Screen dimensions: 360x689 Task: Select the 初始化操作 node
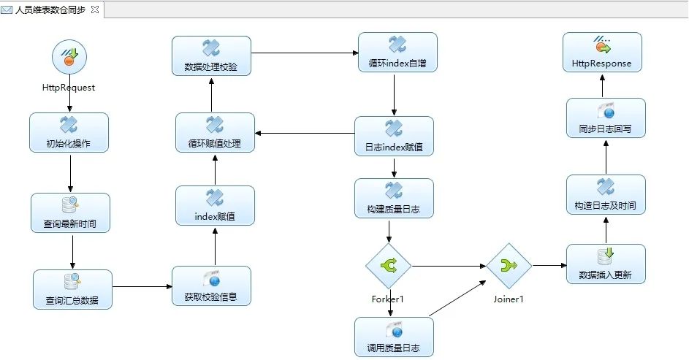(69, 132)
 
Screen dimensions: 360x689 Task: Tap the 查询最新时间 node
(70, 212)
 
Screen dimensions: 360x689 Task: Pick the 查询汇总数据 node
(72, 289)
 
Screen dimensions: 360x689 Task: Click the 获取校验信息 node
(211, 286)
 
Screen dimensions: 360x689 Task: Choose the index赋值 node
(215, 205)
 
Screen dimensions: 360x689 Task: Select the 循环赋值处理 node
(215, 132)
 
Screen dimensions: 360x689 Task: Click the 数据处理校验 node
(211, 55)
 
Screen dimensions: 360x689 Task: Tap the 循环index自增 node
(397, 52)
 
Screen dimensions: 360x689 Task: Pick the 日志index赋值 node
(394, 136)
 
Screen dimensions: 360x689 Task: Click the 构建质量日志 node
(394, 198)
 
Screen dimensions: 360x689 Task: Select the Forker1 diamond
(389, 267)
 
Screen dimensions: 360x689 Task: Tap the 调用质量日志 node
(394, 337)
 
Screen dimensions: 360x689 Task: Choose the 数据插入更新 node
(606, 264)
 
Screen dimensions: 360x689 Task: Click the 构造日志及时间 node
(606, 194)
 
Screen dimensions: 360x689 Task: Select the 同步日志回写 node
(606, 118)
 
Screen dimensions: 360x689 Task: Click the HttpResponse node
(602, 52)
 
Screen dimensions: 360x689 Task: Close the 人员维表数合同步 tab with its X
(94, 9)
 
